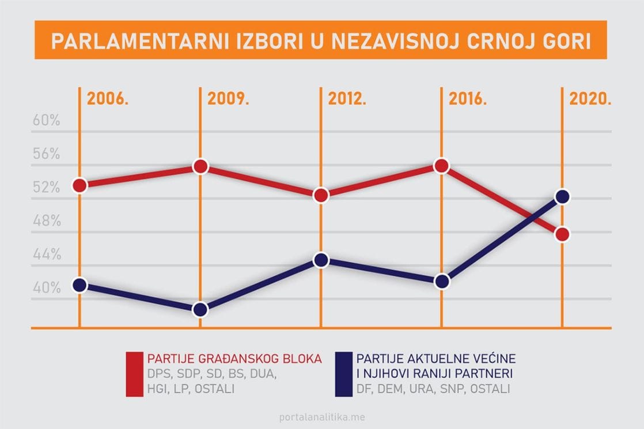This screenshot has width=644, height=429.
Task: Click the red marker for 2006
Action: (79, 185)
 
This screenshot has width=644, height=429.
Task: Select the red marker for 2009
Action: (200, 166)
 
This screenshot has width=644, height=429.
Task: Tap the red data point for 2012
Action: (321, 195)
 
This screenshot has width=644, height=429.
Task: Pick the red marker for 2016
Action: (441, 166)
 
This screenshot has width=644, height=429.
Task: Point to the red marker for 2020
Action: (562, 234)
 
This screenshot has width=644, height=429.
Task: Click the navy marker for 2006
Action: (79, 285)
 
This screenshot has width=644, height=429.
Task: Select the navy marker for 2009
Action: (200, 310)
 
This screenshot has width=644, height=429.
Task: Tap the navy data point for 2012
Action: (321, 260)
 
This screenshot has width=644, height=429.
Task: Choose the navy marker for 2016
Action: (441, 282)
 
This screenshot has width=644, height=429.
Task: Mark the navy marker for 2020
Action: (562, 197)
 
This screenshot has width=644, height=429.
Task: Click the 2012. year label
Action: (347, 98)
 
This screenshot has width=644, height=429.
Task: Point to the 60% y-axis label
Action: (46, 121)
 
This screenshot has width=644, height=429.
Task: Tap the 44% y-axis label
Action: (46, 255)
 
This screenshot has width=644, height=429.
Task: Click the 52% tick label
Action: (46, 188)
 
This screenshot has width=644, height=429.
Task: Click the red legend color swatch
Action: (134, 374)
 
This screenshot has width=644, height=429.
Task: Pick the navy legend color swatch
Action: (343, 374)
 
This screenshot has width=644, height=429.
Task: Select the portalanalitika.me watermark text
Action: (321, 417)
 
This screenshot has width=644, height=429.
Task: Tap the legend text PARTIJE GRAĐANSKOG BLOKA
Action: (234, 358)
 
